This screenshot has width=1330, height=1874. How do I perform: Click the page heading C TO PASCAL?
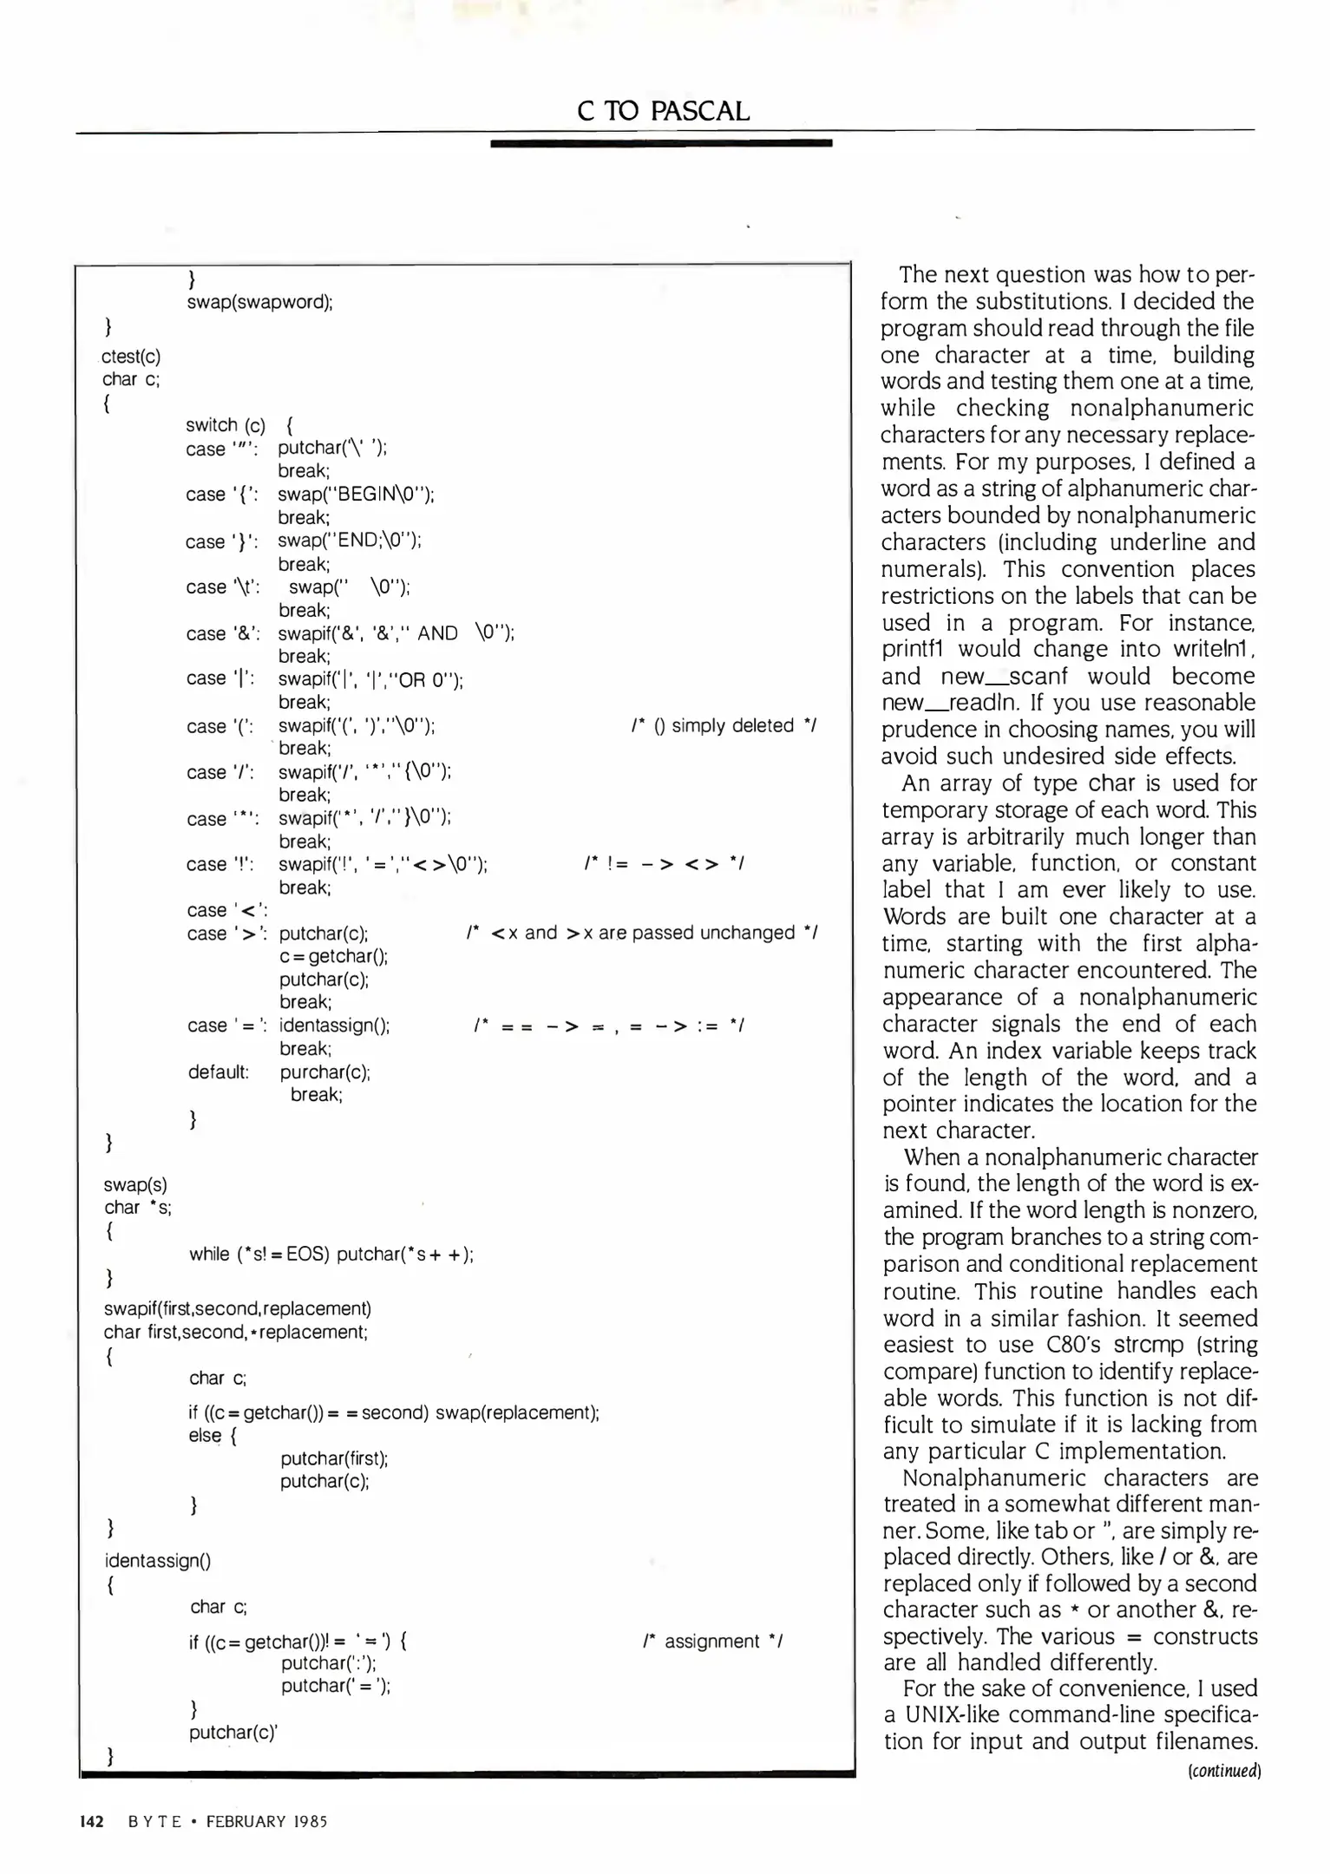(x=663, y=111)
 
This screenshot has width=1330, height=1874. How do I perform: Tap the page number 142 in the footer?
(x=91, y=1821)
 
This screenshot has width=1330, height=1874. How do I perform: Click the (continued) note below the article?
(x=1223, y=1771)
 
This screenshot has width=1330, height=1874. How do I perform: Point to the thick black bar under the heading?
(x=660, y=142)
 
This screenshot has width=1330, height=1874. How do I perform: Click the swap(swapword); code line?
(x=260, y=302)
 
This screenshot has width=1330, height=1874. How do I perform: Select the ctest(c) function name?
(x=131, y=356)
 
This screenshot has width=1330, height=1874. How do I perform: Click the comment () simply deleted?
(x=724, y=725)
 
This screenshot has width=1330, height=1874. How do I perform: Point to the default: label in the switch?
(x=219, y=1071)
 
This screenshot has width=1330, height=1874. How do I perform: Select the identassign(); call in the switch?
(x=334, y=1025)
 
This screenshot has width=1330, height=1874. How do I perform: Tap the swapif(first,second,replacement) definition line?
(x=238, y=1307)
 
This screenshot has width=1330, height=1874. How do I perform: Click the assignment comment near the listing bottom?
(x=713, y=1641)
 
